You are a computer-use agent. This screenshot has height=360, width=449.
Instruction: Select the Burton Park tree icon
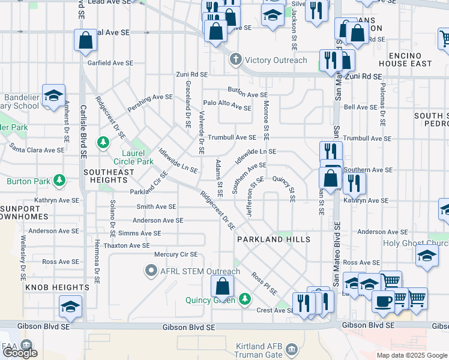[59, 181]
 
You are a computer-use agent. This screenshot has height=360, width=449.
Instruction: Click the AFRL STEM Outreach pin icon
[151, 271]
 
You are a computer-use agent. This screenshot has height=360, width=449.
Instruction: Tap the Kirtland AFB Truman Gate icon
[291, 349]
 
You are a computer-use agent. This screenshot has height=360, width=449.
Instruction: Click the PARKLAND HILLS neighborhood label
[273, 239]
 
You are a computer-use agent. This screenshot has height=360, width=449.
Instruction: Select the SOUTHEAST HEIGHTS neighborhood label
[109, 172]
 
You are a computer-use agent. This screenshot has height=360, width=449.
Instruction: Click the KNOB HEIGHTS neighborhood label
[58, 288]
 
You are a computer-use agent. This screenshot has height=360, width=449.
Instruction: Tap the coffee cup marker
[383, 301]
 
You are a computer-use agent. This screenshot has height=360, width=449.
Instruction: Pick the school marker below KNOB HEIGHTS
[71, 306]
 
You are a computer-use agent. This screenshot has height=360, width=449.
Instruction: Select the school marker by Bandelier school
[53, 95]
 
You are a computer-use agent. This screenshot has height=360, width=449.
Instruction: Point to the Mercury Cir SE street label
[176, 254]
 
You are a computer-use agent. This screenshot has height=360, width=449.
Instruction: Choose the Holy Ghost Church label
[415, 244]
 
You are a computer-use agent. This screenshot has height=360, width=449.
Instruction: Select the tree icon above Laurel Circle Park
[104, 142]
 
